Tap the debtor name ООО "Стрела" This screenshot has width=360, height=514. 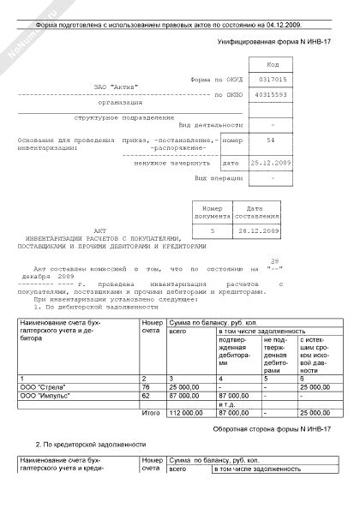pyautogui.click(x=40, y=388)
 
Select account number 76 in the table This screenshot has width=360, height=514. pyautogui.click(x=146, y=388)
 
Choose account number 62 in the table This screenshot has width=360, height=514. pyautogui.click(x=146, y=397)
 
